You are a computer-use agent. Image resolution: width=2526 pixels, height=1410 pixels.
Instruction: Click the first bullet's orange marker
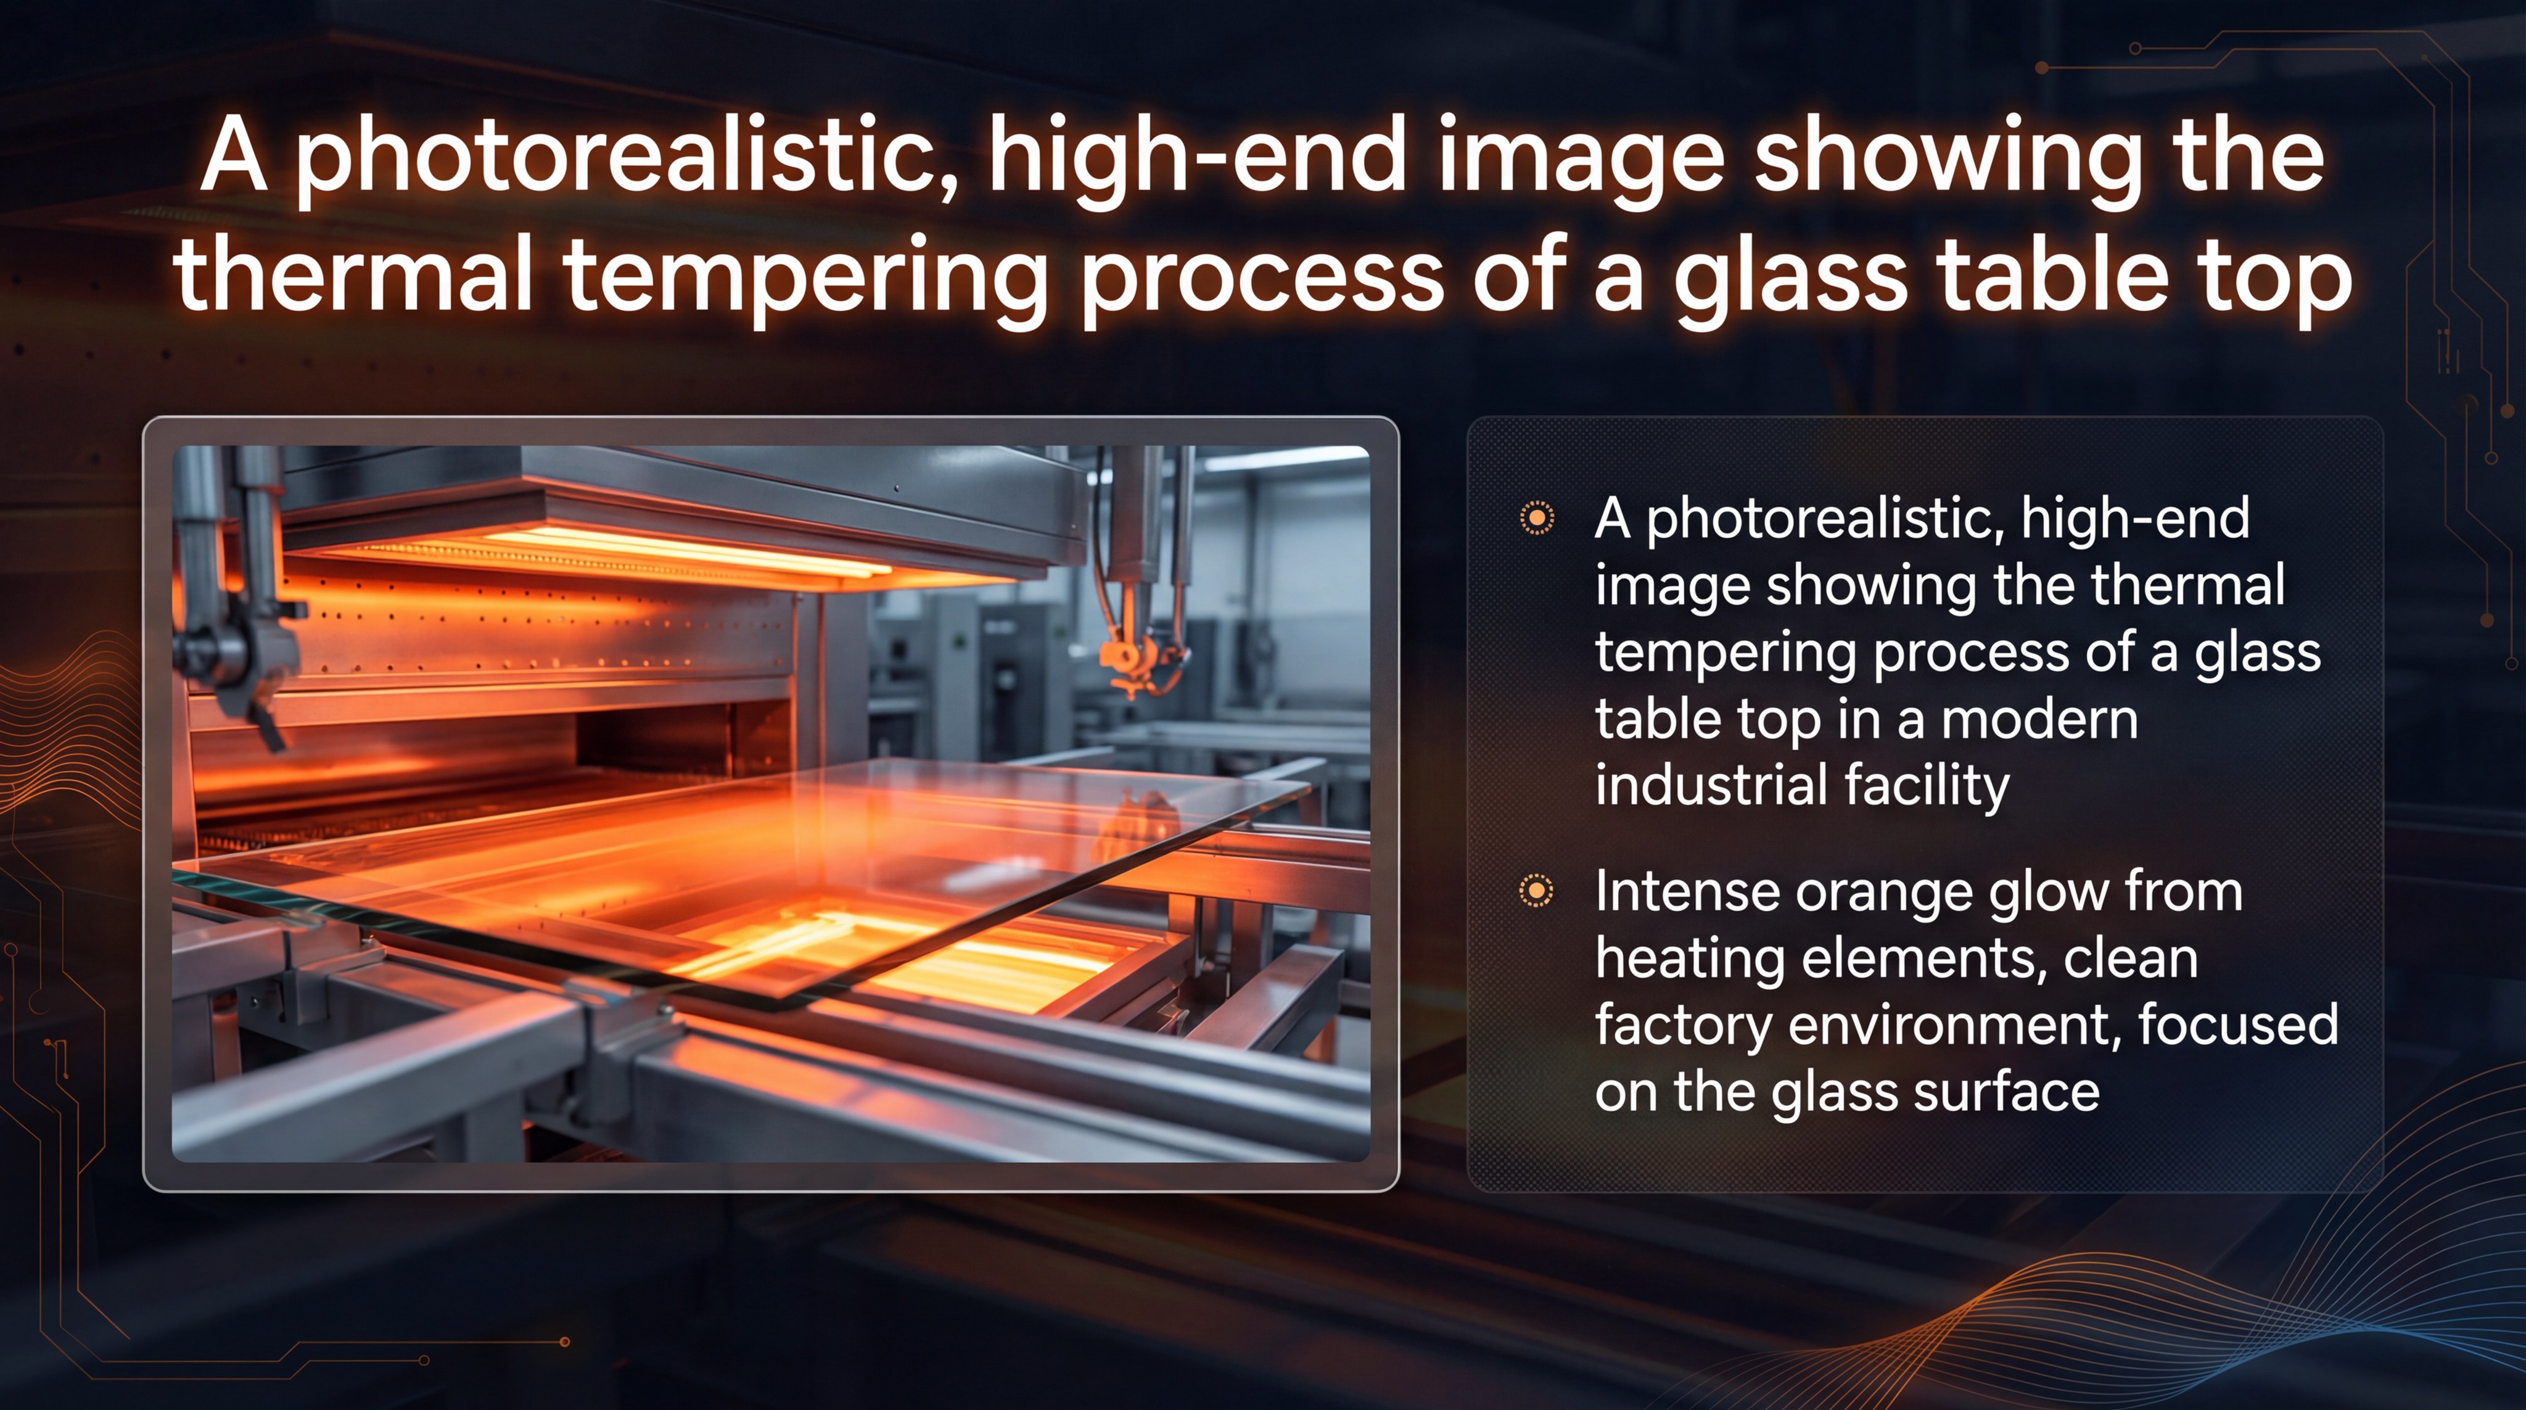coord(1537,517)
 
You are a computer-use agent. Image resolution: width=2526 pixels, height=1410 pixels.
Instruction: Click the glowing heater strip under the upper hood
coord(686,549)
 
